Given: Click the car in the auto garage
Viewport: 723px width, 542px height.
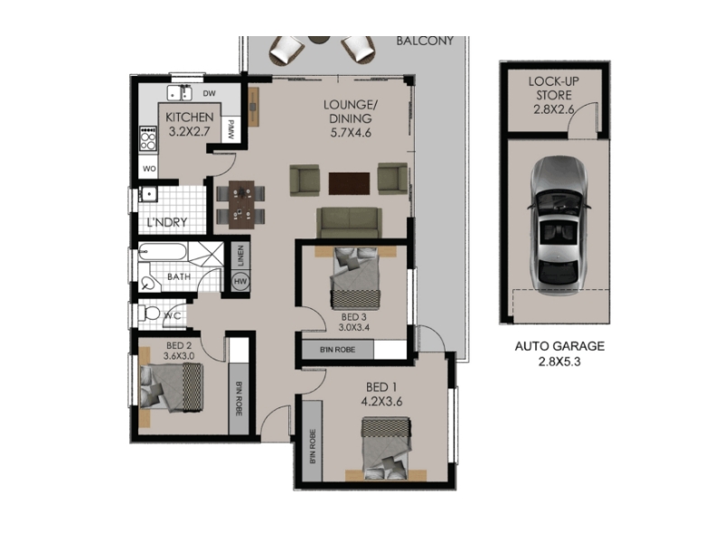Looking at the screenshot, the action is pos(559,225).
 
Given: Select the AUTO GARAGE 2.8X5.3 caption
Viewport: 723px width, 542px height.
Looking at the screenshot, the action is pos(559,353).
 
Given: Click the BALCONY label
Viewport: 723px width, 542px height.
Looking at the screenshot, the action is pos(425,41).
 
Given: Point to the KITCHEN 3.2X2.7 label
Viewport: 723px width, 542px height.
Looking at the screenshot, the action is pos(190,124).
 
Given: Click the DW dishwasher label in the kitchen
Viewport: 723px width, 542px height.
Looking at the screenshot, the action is pos(210,93).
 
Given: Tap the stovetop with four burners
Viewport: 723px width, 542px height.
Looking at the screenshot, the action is pos(148,138).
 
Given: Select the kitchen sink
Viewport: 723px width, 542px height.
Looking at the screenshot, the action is pos(179,93).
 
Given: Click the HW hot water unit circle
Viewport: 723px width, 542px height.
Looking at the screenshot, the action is pos(240,282).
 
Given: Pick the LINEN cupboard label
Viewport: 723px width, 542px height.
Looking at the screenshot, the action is pos(240,256).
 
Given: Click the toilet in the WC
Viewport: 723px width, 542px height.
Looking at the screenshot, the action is pos(149,313).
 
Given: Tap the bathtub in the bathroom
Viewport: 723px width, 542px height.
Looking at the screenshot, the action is pos(163,252).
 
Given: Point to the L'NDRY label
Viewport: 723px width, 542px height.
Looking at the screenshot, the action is pos(167,222).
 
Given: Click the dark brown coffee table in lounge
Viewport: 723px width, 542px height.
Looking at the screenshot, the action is pos(349,183).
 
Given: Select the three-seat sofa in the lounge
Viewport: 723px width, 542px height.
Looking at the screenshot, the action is pos(349,222).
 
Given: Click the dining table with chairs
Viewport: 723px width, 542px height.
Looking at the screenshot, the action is pos(240,204).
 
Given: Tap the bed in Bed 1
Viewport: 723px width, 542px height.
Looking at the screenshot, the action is pos(386,449).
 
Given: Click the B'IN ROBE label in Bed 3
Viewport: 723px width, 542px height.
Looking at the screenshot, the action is pos(337,350).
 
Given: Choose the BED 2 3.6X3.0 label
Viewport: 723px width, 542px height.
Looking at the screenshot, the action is pos(179,350).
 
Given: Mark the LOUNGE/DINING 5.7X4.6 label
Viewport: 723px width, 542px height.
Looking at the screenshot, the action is pos(351,119).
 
